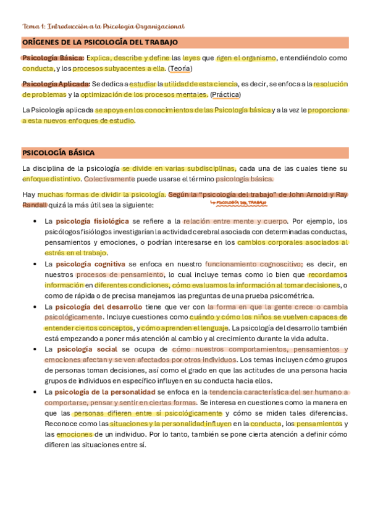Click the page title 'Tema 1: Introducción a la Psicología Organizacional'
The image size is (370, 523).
103,26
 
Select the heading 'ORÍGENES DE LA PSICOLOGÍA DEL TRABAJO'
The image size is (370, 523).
100,42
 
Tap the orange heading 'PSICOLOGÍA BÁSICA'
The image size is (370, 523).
58,152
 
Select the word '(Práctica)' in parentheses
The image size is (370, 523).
226,94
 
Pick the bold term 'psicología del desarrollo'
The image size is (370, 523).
99,307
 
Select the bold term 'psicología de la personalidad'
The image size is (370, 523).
105,392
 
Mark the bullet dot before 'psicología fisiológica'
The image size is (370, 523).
34,221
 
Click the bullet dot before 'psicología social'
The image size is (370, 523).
34,349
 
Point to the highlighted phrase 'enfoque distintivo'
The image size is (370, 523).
51,179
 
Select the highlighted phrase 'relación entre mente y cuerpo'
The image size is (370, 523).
235,221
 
